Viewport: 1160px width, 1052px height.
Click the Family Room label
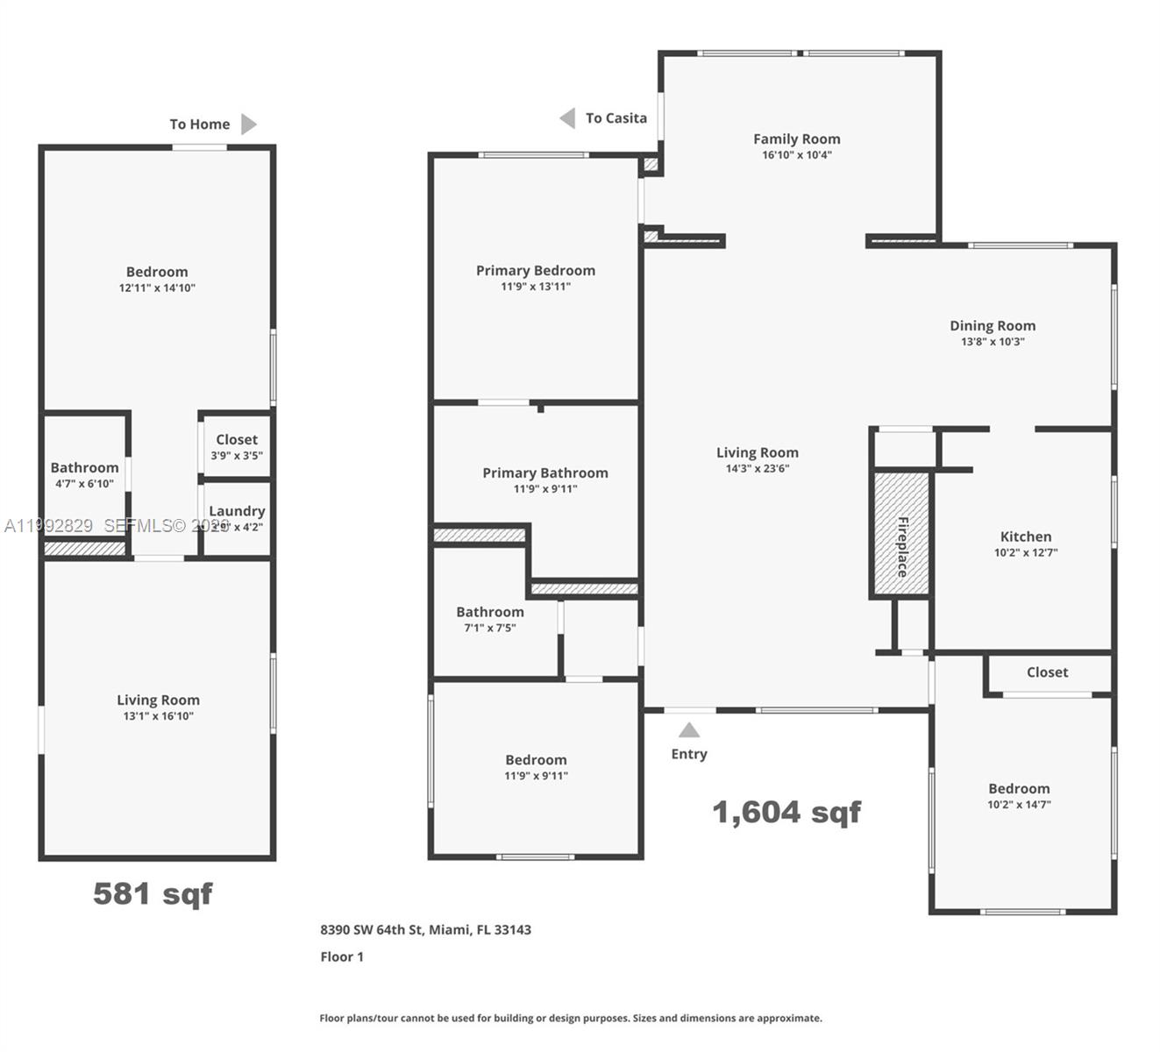796,139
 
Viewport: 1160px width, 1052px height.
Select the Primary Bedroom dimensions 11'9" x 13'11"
536,287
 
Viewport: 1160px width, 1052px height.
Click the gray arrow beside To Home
249,124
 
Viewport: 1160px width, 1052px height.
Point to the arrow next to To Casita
568,117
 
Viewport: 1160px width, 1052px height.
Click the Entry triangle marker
689,729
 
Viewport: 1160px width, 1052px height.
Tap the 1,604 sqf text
786,812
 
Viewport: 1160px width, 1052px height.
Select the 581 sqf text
153,893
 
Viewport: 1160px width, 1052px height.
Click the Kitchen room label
1025,537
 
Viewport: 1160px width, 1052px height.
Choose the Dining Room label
993,325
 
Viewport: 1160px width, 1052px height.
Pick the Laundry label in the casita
237,511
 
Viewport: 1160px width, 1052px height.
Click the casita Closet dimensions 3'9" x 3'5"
237,456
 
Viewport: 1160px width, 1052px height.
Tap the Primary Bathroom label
544,473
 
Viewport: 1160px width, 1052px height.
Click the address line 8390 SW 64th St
425,929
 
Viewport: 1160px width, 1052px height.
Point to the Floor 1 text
342,956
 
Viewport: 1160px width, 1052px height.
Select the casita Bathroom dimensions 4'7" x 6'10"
84,484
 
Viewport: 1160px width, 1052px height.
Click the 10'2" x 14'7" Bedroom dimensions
1019,805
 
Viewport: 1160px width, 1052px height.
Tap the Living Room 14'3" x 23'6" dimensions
758,469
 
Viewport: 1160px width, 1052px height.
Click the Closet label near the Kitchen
1047,672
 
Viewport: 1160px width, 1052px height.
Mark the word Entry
689,754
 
